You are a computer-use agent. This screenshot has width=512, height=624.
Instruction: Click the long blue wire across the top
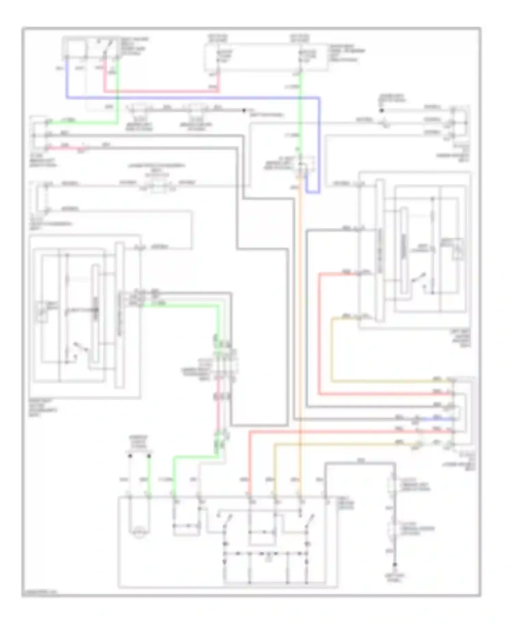191,98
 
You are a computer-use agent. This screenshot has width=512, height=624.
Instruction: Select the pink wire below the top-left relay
160,91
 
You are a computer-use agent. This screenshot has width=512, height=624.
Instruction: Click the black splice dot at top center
244,111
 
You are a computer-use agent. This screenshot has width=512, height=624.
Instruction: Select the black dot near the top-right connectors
382,111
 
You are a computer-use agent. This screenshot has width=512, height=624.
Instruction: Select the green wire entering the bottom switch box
174,478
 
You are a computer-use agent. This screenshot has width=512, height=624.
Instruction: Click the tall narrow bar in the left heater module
119,314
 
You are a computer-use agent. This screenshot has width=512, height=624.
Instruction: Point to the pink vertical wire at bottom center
218,410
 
